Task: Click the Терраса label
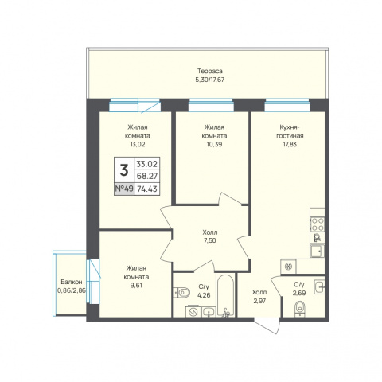click(x=209, y=71)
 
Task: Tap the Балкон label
click(x=72, y=282)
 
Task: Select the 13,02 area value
click(x=138, y=144)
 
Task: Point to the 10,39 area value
click(x=214, y=144)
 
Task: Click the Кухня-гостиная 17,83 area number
click(x=290, y=144)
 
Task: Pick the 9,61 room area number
click(x=136, y=286)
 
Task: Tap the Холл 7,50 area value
click(x=209, y=240)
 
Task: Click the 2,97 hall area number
click(x=259, y=301)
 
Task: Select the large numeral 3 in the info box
click(x=124, y=170)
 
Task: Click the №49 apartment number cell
click(x=124, y=189)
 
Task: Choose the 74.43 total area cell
click(x=147, y=189)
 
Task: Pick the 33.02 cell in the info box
click(x=147, y=164)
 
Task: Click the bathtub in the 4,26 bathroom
click(x=225, y=295)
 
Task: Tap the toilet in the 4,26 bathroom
click(x=182, y=293)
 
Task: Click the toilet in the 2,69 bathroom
click(x=300, y=309)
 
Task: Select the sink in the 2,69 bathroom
click(x=319, y=286)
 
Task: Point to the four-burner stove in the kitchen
click(x=318, y=224)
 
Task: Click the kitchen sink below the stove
click(x=318, y=251)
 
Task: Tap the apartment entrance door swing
click(x=267, y=325)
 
